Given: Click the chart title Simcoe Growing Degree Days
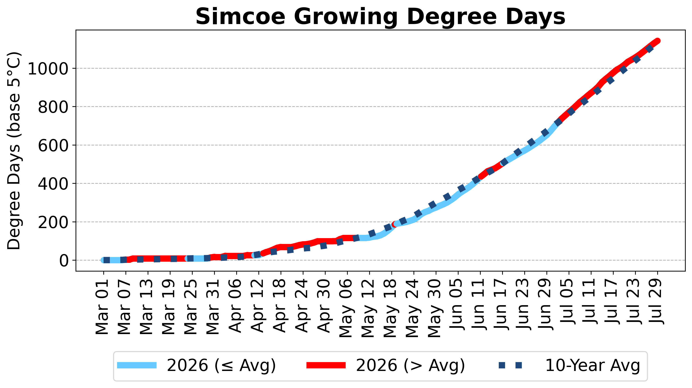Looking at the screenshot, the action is (x=380, y=17).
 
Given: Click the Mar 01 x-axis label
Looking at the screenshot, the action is (x=102, y=307).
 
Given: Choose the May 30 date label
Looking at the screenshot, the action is (x=435, y=308).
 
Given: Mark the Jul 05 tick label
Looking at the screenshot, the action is (x=568, y=302).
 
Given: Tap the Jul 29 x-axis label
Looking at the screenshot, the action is (x=656, y=302).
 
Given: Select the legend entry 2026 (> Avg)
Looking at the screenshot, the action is (x=386, y=365).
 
